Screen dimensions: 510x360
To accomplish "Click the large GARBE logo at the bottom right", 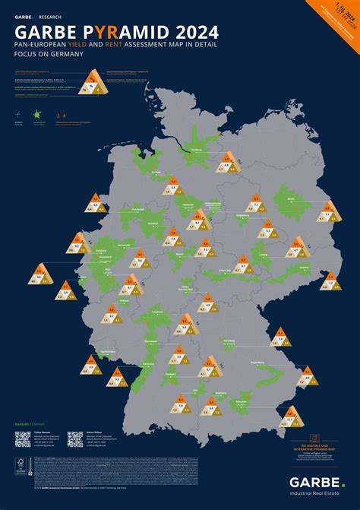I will [x=314, y=482].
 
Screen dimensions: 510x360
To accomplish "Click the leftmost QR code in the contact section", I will [x=23, y=439].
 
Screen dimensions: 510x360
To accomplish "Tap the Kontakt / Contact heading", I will [x=27, y=423].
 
